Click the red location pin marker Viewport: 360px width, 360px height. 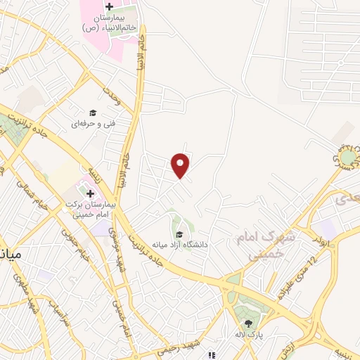181,165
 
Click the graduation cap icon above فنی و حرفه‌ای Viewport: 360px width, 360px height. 92,112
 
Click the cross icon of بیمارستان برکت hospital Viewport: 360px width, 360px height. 89,192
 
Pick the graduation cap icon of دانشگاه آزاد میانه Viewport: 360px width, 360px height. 178,234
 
